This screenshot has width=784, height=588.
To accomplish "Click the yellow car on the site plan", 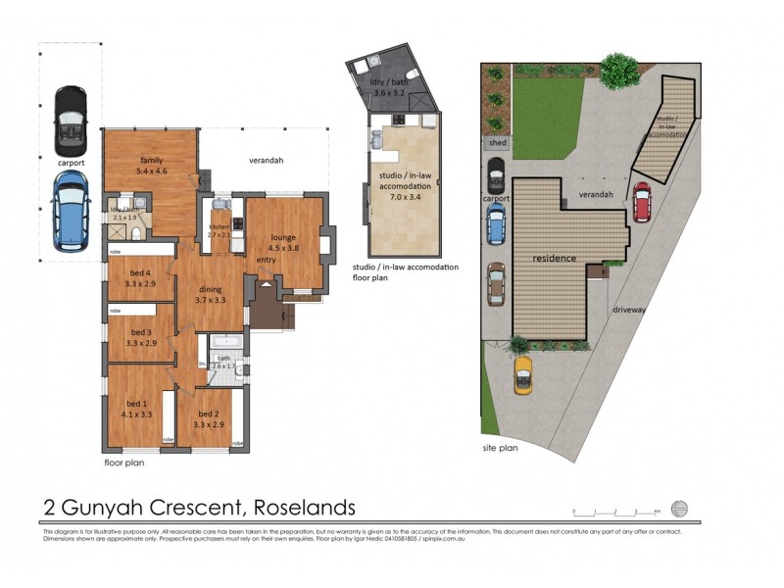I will (523, 373).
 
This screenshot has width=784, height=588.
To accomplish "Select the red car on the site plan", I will (642, 202).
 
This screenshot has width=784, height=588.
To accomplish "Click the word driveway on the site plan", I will (632, 308).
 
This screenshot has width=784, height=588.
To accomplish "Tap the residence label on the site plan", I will (554, 258).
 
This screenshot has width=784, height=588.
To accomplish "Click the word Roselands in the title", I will (305, 508).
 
